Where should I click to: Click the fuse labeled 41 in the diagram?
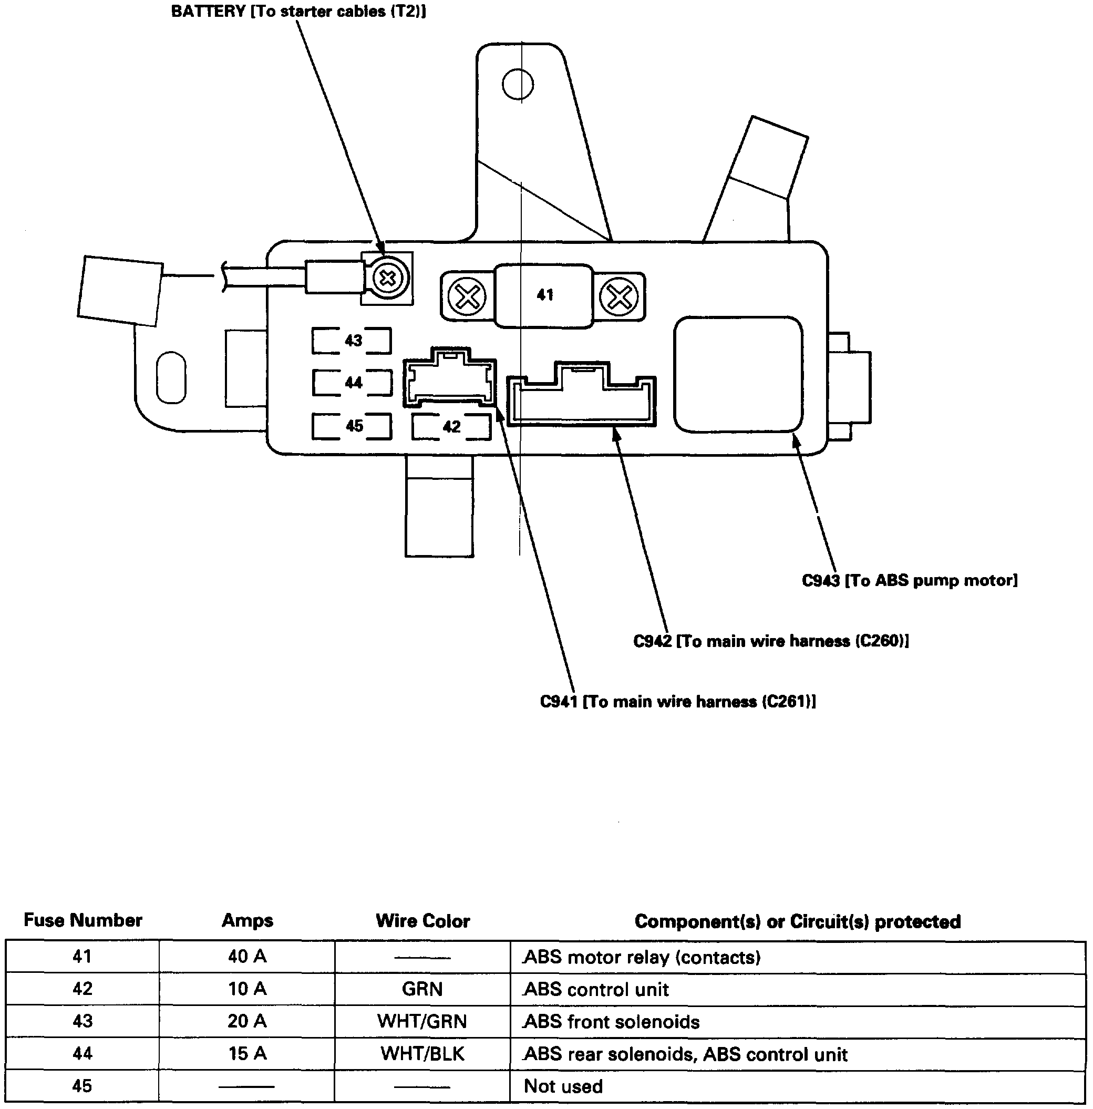coord(543,295)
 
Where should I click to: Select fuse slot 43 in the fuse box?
coord(352,341)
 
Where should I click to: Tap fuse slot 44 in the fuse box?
coord(352,383)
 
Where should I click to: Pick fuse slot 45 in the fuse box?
coord(352,426)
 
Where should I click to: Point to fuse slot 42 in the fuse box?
coord(451,426)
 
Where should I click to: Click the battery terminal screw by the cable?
coord(388,279)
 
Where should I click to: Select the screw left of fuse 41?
coord(467,297)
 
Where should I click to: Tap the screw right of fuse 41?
coord(618,297)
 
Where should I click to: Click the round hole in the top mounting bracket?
coord(518,85)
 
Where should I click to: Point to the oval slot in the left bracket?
coord(171,377)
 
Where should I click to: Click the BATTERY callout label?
coord(298,12)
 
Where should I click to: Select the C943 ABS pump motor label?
coord(910,580)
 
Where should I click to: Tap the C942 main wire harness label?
coord(770,641)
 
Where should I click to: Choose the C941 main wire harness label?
coord(677,702)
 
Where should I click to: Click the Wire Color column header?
coord(423,921)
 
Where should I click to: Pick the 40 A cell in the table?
coord(248,956)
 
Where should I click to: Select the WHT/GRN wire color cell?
coord(422,1021)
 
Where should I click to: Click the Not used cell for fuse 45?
coord(563,1086)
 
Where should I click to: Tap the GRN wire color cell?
coord(422,989)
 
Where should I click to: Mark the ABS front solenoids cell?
coord(612,1022)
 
